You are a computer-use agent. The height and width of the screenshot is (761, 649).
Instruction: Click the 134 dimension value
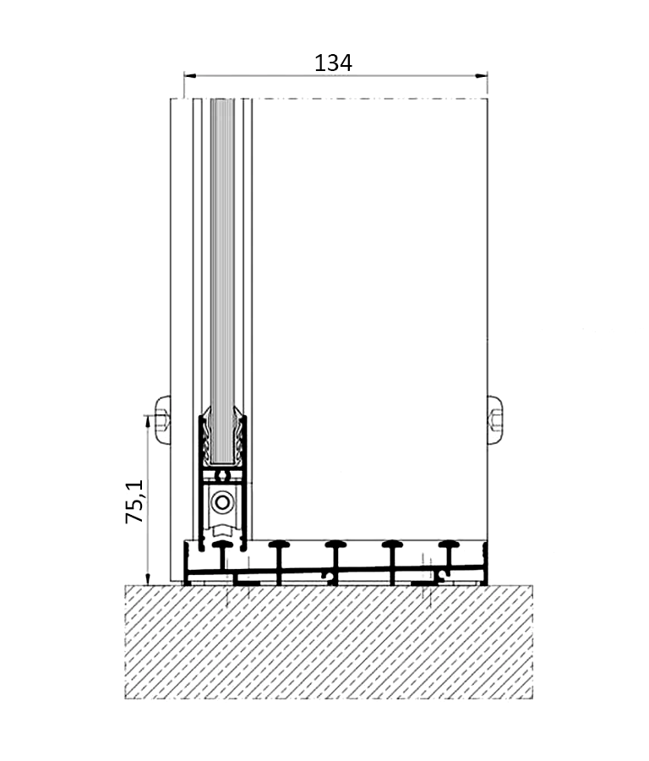(x=333, y=62)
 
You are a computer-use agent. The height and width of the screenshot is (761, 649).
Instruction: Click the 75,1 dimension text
(x=135, y=501)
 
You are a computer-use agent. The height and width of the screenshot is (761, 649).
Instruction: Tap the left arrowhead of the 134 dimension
(x=188, y=76)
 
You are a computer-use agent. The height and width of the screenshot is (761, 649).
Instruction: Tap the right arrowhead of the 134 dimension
(x=483, y=76)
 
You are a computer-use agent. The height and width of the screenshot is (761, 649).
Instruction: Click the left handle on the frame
(x=161, y=419)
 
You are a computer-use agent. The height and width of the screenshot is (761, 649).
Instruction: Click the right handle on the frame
(x=495, y=419)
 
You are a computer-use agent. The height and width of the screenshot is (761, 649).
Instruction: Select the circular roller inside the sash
(x=222, y=502)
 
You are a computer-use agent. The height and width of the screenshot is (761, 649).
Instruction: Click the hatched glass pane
(x=222, y=279)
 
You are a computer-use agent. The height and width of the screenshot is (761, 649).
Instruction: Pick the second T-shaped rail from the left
(x=279, y=558)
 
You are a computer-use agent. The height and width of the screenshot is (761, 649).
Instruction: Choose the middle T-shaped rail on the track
(x=335, y=558)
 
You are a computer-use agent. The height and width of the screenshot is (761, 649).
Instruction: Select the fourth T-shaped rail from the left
(x=392, y=558)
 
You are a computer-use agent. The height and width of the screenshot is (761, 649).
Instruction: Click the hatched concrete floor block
(x=330, y=643)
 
